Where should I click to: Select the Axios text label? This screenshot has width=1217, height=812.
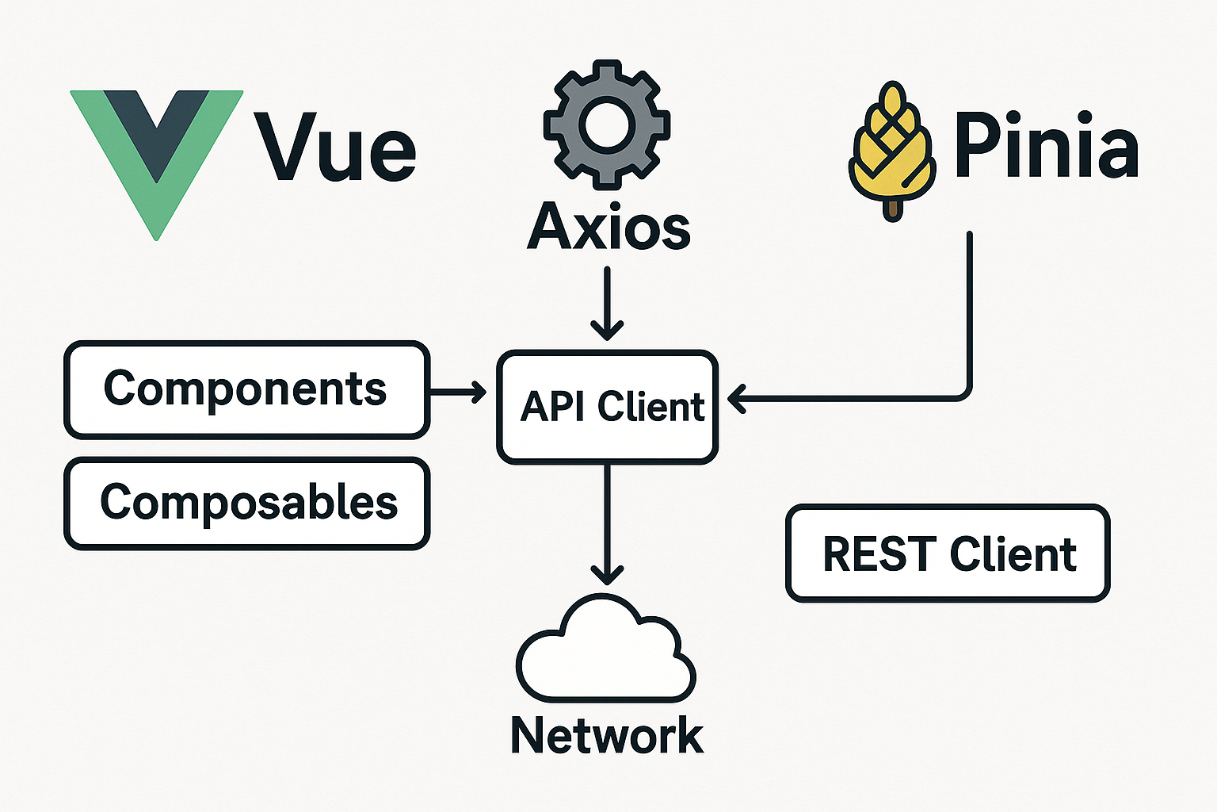608,228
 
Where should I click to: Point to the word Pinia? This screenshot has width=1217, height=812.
1046,147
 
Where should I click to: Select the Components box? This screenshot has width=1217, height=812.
246,389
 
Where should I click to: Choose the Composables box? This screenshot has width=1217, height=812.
246,503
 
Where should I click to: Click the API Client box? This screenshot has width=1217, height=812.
608,407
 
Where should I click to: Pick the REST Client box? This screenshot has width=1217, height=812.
948,553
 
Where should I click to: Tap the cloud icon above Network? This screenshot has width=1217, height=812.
606,652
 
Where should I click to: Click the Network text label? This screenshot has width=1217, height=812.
607,735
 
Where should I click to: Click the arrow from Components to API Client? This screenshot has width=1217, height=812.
458,391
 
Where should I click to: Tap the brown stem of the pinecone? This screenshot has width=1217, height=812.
893,209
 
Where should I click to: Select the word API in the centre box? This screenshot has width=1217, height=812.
554,407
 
